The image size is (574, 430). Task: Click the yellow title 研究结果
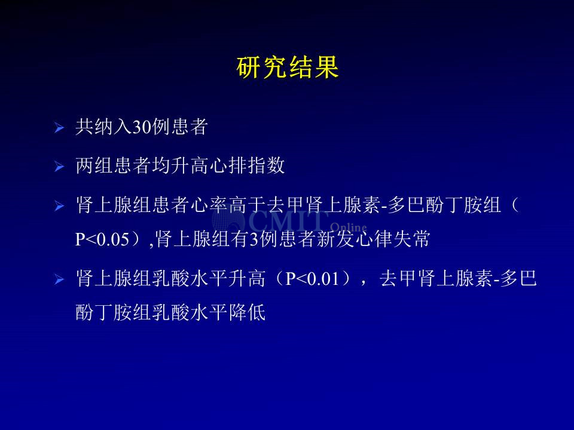(288, 67)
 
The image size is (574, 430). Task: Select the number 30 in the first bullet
(142, 127)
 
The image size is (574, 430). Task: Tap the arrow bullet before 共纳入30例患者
(59, 128)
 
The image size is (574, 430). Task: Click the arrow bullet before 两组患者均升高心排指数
(59, 167)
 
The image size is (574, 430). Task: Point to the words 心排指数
(247, 165)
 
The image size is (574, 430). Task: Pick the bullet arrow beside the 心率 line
(59, 206)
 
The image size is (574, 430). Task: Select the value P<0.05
(102, 239)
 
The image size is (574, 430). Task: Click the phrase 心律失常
(392, 239)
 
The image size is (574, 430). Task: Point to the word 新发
(335, 239)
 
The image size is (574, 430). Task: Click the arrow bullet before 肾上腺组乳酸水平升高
(59, 280)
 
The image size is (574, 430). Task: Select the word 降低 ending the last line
(247, 312)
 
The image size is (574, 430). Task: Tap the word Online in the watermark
(348, 228)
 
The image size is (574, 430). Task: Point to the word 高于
(248, 205)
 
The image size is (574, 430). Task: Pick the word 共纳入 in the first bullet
(103, 127)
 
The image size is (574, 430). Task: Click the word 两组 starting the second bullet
(94, 165)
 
